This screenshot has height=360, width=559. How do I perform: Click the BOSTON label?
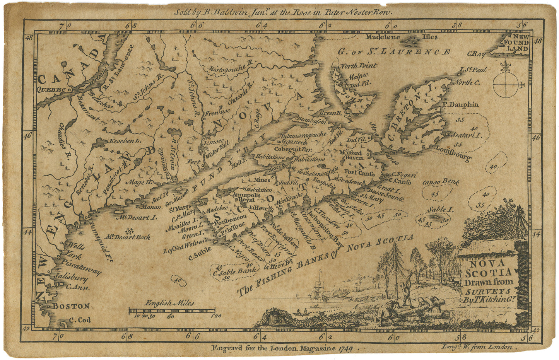[71, 306]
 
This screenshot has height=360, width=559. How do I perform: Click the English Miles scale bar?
[172, 310]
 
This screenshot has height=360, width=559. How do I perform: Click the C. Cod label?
[80, 320]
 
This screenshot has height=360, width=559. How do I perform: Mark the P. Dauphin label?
[461, 104]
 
